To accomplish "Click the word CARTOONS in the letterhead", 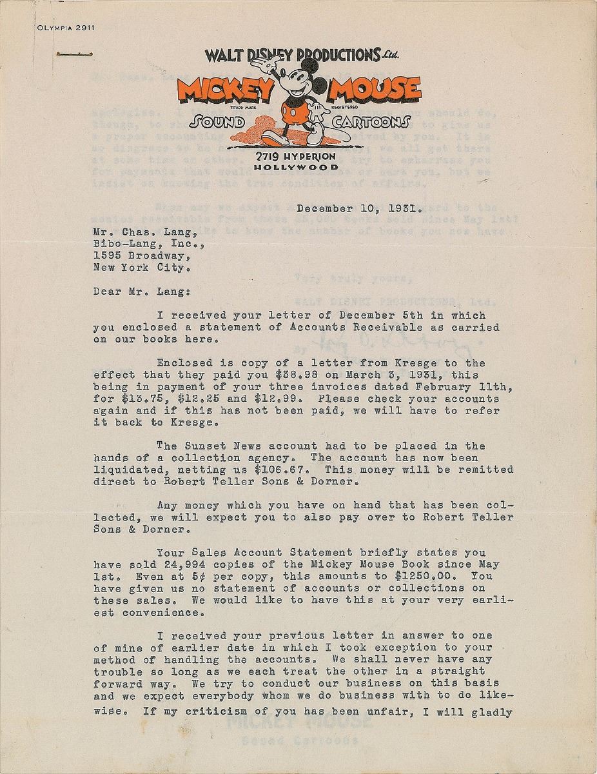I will click(x=371, y=123).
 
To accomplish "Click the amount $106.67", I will click(x=336, y=470).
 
